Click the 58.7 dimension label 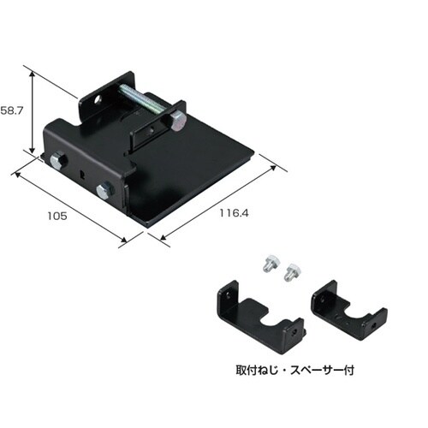coord(11,110)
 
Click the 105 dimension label coord(57,216)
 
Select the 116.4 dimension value coord(234,213)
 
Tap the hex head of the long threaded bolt coord(177,121)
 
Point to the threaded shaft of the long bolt coord(144,99)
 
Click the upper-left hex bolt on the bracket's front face coord(58,160)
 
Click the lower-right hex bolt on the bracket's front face coord(104,190)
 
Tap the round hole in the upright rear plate coord(98,99)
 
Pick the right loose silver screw coord(292,271)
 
